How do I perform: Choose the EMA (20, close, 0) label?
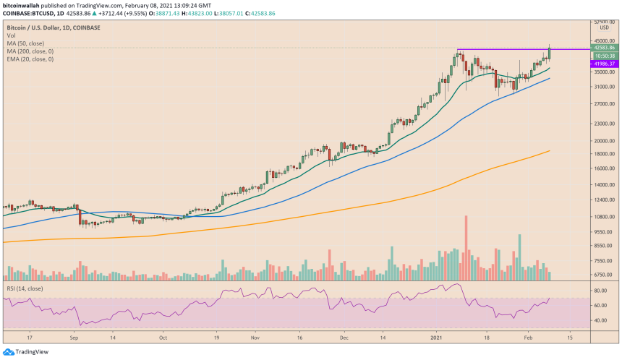coord(30,59)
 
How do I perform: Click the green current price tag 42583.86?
coord(605,48)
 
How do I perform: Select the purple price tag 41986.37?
coord(605,64)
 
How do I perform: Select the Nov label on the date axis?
coord(255,337)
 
